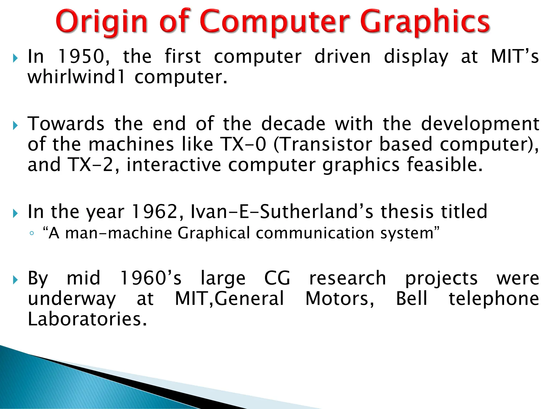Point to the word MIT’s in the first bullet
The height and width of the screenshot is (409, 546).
515,57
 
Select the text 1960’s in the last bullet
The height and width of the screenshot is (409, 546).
151,278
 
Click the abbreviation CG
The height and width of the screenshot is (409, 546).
277,278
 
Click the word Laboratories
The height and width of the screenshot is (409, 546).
87,319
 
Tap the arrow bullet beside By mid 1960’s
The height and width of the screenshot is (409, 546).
15,280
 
